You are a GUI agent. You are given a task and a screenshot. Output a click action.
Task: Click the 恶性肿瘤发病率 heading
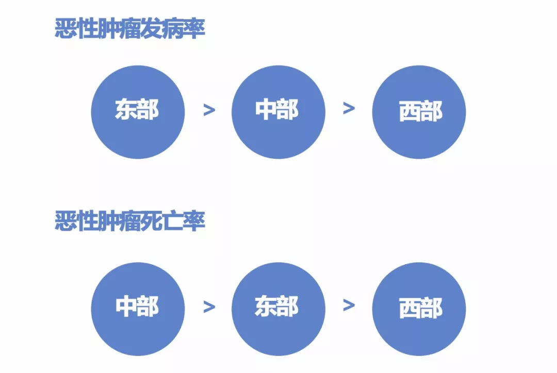click(x=130, y=29)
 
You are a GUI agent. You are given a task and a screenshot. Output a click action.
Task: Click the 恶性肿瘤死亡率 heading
click(x=130, y=222)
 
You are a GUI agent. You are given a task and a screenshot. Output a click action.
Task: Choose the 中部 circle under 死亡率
click(x=138, y=309)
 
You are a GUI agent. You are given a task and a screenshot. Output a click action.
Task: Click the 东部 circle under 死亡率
click(x=278, y=309)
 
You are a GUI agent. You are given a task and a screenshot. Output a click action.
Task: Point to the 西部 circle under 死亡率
click(x=419, y=309)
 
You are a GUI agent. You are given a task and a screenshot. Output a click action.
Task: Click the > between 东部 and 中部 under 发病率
click(x=209, y=110)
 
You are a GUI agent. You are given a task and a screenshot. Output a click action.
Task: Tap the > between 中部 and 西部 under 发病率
click(x=349, y=109)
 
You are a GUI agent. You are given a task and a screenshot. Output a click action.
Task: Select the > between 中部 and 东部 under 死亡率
click(x=209, y=307)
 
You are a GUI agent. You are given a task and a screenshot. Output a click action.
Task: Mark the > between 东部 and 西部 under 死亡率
click(x=349, y=305)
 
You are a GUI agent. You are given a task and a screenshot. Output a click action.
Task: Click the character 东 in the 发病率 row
click(x=126, y=110)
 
